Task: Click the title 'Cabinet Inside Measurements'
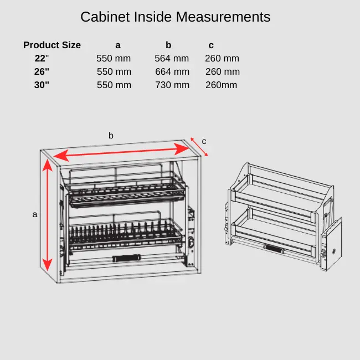point(175,17)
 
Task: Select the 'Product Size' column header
point(52,45)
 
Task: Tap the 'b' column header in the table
point(168,45)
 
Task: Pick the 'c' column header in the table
point(211,45)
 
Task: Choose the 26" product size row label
point(42,72)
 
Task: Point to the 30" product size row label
point(42,85)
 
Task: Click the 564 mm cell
point(172,59)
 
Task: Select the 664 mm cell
point(172,72)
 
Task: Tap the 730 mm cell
point(172,85)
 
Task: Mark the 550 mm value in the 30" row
point(114,85)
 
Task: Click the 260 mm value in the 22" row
point(222,59)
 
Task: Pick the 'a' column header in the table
point(118,45)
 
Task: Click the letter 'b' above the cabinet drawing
point(111,136)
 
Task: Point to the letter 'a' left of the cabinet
point(35,214)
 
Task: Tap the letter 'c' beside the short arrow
point(204,141)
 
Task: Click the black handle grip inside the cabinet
point(127,258)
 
